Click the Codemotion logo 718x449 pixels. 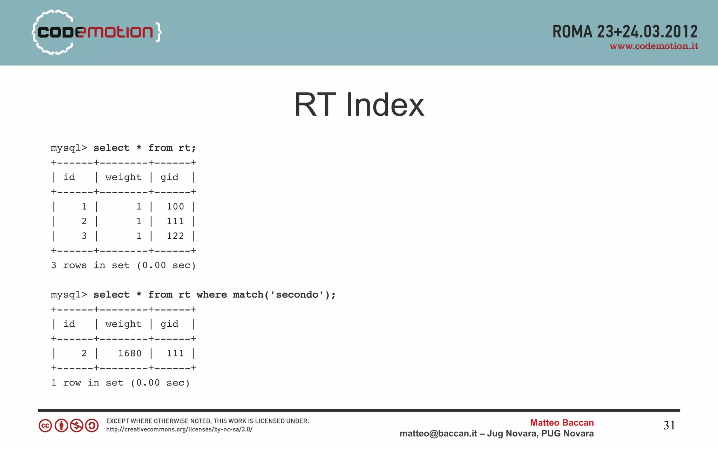(x=96, y=32)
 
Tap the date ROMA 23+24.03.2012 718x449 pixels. (x=625, y=32)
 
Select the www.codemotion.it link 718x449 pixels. (x=653, y=46)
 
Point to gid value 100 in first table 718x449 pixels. (x=175, y=206)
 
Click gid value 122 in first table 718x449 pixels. (x=175, y=236)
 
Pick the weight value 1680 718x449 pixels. (x=130, y=353)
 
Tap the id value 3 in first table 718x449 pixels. (x=84, y=236)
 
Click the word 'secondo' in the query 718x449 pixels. (x=297, y=295)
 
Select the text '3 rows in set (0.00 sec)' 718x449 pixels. (x=123, y=265)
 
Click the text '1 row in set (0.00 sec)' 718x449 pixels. (x=120, y=383)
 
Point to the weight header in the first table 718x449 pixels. (x=123, y=177)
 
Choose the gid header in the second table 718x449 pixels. (x=169, y=324)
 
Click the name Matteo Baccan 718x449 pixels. (x=562, y=423)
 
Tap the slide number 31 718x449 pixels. (x=669, y=426)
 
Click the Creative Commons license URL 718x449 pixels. (x=179, y=429)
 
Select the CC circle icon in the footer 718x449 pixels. (x=45, y=426)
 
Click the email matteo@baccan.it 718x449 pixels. (x=438, y=434)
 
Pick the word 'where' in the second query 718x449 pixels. (x=211, y=295)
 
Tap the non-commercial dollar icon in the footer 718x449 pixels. (x=76, y=426)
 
